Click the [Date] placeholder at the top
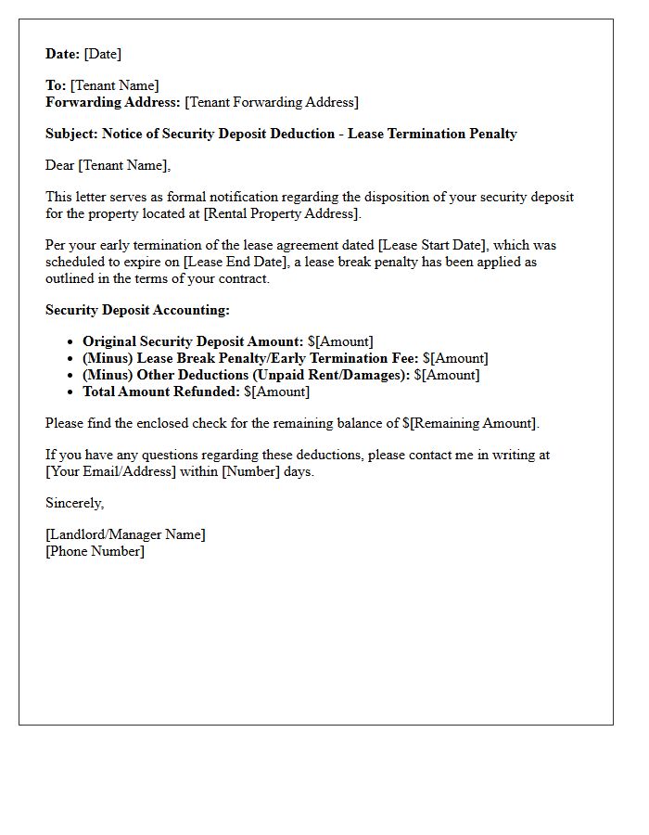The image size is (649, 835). (102, 54)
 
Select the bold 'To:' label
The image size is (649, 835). (56, 85)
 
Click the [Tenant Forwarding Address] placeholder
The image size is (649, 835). (272, 102)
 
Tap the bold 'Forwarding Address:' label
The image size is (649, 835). (113, 102)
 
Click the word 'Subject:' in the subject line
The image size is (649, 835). (71, 134)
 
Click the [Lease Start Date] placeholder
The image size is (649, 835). (433, 245)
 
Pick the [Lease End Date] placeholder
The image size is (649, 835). (232, 262)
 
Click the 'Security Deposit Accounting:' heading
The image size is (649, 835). (137, 310)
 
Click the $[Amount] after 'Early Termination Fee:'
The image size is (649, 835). (455, 358)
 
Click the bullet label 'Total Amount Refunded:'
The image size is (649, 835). (161, 392)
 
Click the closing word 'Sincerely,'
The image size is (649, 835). (75, 503)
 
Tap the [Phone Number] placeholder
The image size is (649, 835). (95, 551)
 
